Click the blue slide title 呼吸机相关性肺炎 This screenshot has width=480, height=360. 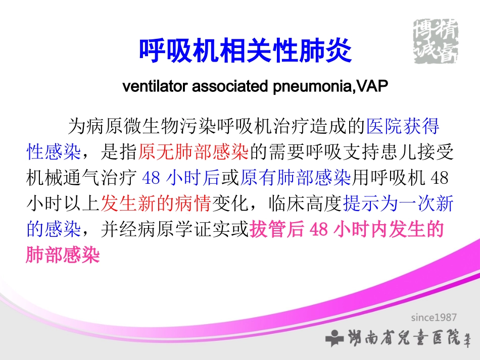tap(245, 51)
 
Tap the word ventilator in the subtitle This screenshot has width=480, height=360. tap(156, 87)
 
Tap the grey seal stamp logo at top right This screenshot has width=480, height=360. tap(435, 40)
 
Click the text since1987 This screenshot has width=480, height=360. tap(433, 318)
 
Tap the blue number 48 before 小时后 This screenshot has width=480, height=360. tap(152, 178)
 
